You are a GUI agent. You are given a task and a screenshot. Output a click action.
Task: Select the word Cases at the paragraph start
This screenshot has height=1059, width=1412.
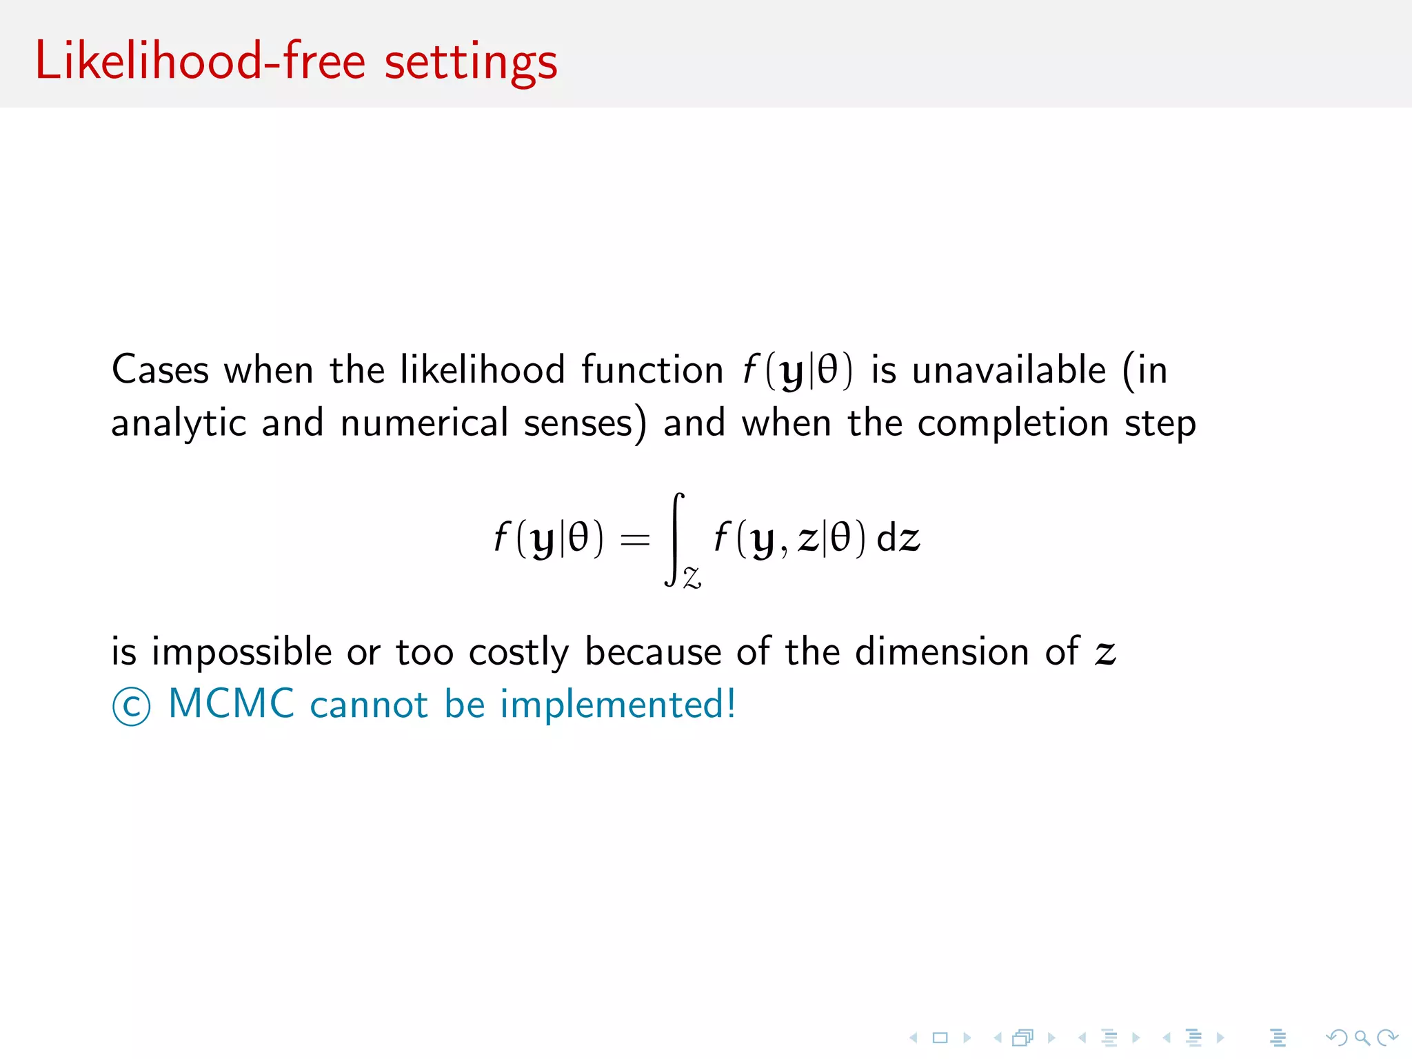coord(160,370)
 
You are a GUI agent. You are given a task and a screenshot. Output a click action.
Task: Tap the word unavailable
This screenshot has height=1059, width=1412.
coord(1009,370)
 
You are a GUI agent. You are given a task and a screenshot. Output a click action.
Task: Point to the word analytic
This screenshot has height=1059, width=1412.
coord(179,423)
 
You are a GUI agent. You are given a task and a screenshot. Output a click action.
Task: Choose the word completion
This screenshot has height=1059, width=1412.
coord(1013,423)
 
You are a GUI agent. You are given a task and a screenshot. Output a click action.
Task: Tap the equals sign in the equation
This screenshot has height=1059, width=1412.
coord(635,539)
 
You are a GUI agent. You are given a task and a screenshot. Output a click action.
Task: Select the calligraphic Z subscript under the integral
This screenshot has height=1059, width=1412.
coord(692,577)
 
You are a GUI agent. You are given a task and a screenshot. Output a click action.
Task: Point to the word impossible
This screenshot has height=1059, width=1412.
coord(241,652)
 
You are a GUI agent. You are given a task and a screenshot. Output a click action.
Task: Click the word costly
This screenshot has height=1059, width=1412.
coord(518,652)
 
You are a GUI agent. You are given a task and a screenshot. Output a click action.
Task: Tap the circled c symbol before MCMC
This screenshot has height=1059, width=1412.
coord(131,707)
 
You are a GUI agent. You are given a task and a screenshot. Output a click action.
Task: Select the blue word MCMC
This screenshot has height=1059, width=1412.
coord(232,704)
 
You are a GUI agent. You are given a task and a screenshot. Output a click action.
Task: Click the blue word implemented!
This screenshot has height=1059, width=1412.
coord(618,705)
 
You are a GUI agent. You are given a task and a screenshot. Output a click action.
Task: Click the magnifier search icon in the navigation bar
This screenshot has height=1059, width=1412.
coord(1362,1037)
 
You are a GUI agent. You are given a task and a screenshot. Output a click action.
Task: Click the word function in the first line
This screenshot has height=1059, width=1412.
coord(652,370)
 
